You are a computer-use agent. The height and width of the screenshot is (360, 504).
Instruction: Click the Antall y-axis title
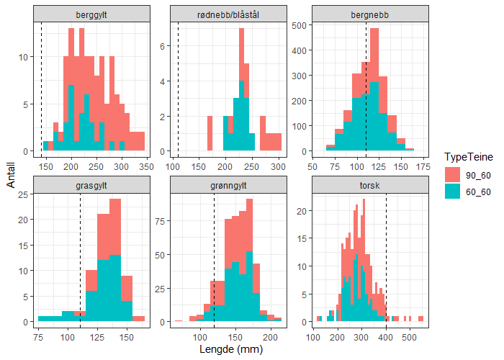10,175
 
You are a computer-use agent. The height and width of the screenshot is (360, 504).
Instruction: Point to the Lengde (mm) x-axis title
230,351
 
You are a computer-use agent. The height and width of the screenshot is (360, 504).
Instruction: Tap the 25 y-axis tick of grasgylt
22,194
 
